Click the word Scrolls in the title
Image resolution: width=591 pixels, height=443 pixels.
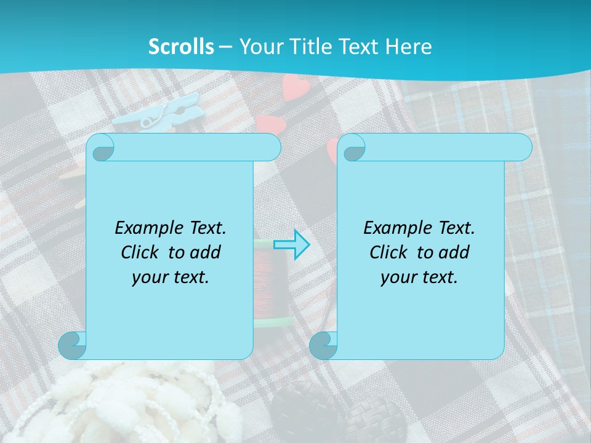(182, 47)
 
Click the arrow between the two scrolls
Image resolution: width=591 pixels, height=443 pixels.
(292, 244)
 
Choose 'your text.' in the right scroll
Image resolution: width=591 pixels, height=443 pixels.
(419, 277)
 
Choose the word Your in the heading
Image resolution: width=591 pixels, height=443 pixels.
(259, 47)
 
